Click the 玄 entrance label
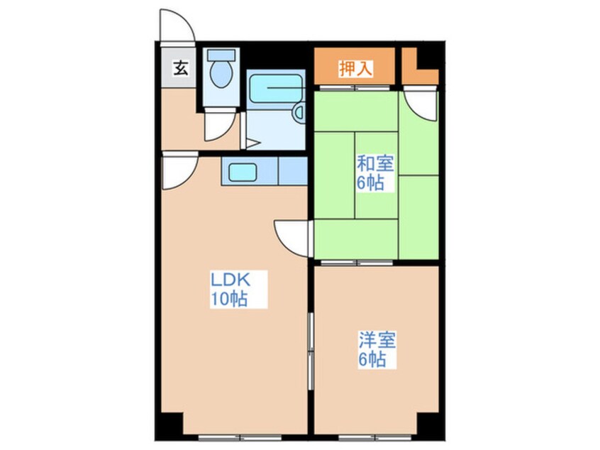181,69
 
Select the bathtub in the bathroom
276,88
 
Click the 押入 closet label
355,69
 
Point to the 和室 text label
375,164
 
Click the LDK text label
231,280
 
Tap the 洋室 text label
377,340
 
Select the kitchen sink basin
243,172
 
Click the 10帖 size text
229,299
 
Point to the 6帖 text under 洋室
372,359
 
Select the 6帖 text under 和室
370,183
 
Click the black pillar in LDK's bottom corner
172,424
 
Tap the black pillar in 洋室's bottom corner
428,424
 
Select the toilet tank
221,55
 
